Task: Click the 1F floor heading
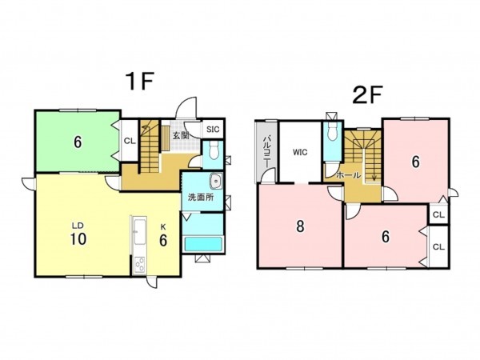139,82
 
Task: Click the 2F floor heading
367,95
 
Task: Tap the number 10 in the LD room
78,239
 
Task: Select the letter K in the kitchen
163,226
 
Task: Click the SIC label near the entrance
213,129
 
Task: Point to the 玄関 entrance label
181,135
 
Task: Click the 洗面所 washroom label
201,198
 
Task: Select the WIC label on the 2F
300,152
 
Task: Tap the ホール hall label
349,175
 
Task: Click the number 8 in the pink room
300,226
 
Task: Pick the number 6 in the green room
78,142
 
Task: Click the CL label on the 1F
130,141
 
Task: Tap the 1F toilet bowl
213,150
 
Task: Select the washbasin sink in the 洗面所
217,182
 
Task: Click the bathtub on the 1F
203,244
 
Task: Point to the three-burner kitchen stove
140,265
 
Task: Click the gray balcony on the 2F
266,151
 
